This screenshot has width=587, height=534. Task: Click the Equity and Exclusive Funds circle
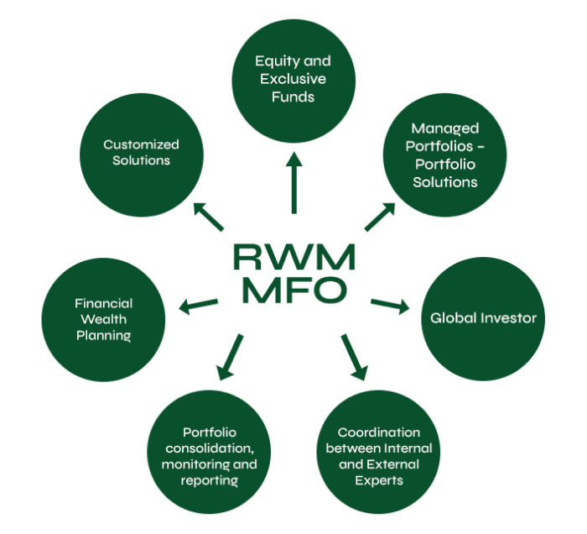[x=293, y=78]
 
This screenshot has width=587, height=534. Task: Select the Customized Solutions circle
[x=142, y=152]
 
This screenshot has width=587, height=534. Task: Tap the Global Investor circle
[x=483, y=318]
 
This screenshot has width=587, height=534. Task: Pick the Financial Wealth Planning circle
[x=103, y=320]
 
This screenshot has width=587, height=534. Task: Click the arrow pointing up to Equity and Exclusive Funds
[x=293, y=183]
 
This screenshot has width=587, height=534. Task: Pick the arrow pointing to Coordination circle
[x=354, y=357]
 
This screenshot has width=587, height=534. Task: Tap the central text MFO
[x=293, y=290]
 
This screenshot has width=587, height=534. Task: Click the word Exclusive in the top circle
[x=293, y=79]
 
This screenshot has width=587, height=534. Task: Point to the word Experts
[x=378, y=480]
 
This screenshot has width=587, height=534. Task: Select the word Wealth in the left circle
[x=104, y=320]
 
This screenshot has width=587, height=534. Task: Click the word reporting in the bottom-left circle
[x=209, y=480]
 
